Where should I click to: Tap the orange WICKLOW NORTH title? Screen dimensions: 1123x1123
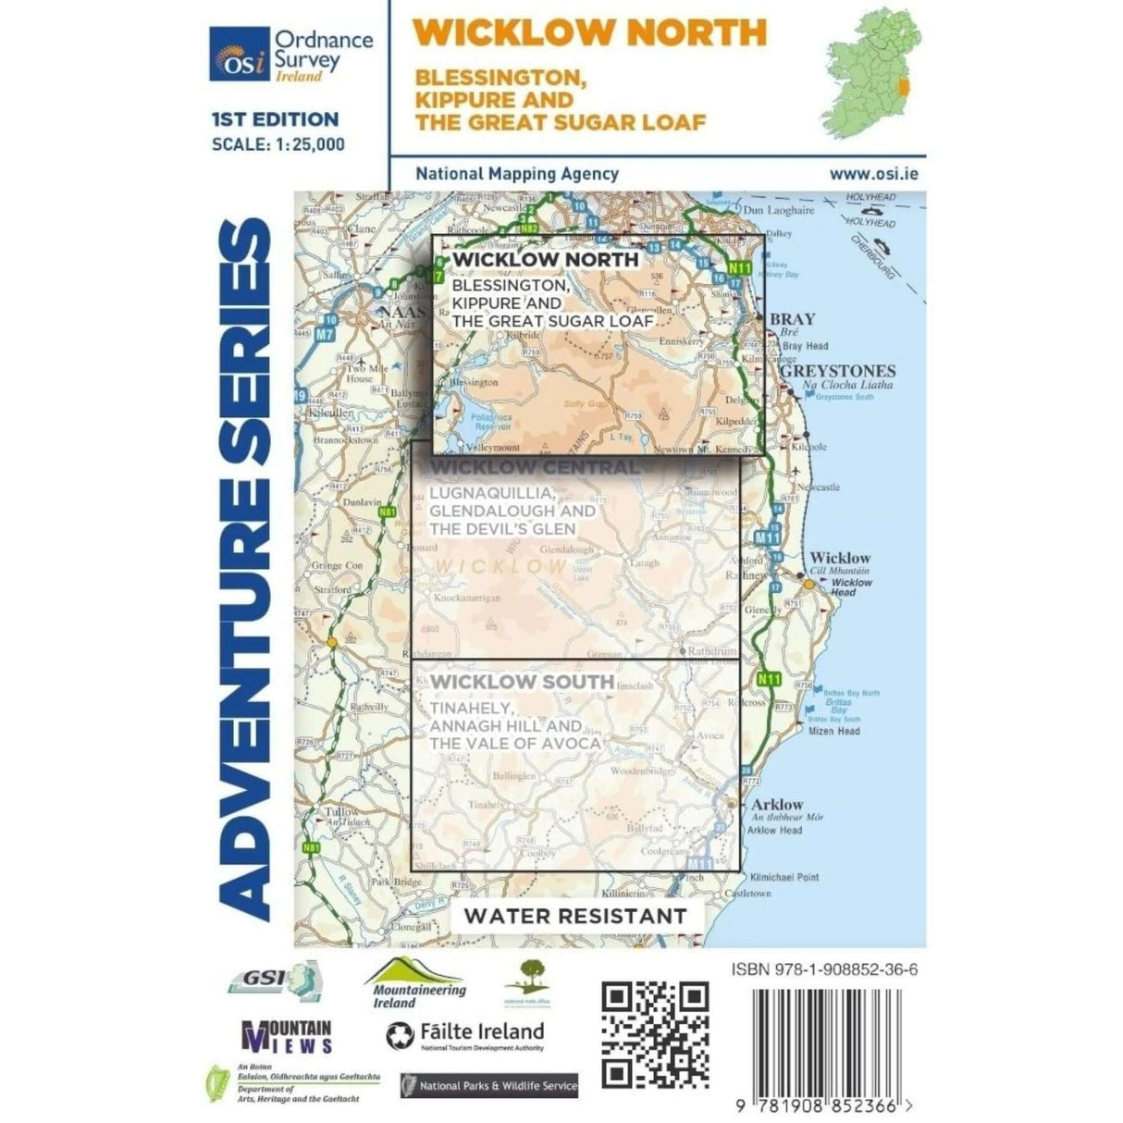(x=589, y=32)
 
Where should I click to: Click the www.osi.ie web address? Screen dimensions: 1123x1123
(x=873, y=173)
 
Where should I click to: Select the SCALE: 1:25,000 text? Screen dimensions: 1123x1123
(x=278, y=144)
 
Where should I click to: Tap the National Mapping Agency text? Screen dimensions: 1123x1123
(x=517, y=173)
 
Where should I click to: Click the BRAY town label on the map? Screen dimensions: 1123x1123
(x=793, y=319)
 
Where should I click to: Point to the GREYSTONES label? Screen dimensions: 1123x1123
(x=838, y=371)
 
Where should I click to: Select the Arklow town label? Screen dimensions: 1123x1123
(x=777, y=805)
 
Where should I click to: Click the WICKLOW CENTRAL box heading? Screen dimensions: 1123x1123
(x=535, y=467)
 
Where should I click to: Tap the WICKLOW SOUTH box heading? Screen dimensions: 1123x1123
(x=522, y=682)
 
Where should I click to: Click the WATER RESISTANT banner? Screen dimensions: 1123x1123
(x=575, y=916)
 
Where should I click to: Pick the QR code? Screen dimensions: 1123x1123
(x=655, y=1035)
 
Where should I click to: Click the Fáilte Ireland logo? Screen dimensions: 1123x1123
(x=465, y=1035)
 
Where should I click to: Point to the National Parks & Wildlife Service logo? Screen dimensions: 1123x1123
(x=489, y=1086)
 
